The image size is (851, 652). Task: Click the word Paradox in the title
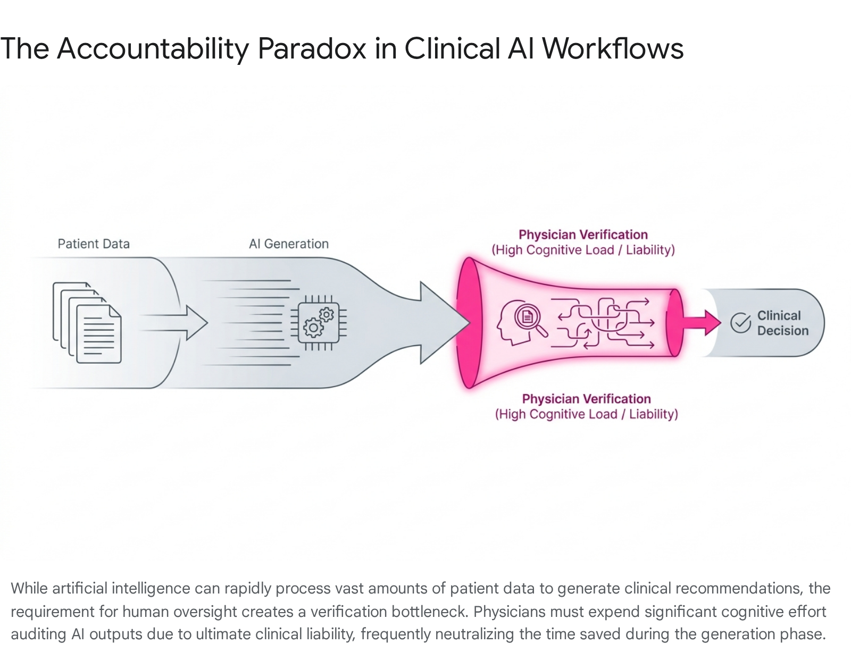[311, 48]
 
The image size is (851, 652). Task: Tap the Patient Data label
[94, 244]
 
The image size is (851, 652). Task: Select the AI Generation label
[289, 244]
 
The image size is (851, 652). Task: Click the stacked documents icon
[87, 323]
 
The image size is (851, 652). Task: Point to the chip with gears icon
[319, 323]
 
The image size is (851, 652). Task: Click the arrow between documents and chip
[173, 323]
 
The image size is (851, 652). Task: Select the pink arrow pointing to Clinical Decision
[701, 323]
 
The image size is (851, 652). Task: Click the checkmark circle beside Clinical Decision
[740, 323]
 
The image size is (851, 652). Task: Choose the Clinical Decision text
[782, 323]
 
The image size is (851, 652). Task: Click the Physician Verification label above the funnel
[583, 242]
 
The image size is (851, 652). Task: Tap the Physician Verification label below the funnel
[586, 406]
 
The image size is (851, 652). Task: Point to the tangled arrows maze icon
[603, 323]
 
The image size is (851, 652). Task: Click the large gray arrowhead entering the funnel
[445, 323]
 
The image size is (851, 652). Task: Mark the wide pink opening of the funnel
[469, 323]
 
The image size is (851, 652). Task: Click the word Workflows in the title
[613, 48]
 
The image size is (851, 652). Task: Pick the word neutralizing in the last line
[474, 634]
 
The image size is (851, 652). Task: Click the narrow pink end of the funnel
[675, 323]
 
